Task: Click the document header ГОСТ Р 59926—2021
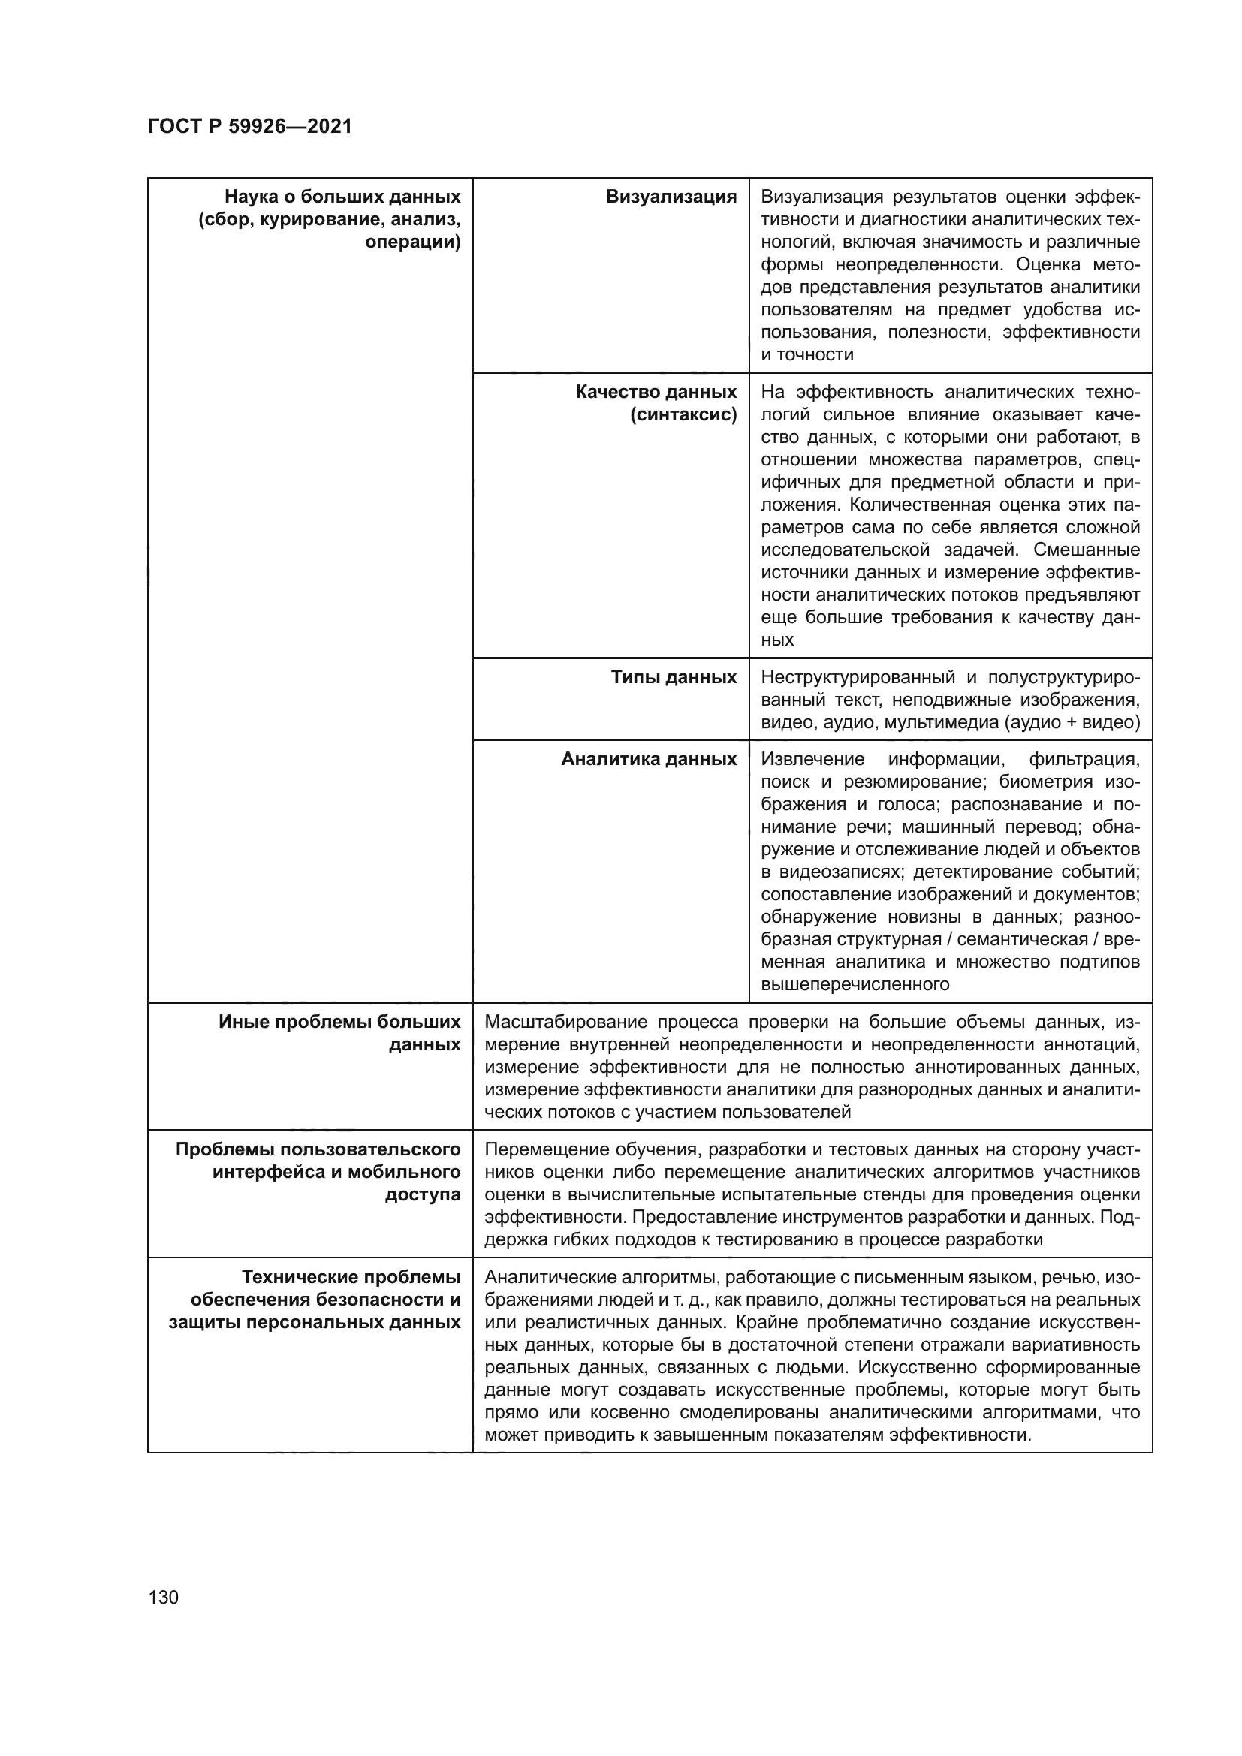click(x=250, y=127)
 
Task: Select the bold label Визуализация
click(x=671, y=197)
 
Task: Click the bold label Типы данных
click(x=673, y=677)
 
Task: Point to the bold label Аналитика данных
click(x=649, y=759)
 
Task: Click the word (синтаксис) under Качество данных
click(x=684, y=414)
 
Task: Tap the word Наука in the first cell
click(x=252, y=197)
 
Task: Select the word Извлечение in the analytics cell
click(x=812, y=759)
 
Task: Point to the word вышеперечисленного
click(x=855, y=984)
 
